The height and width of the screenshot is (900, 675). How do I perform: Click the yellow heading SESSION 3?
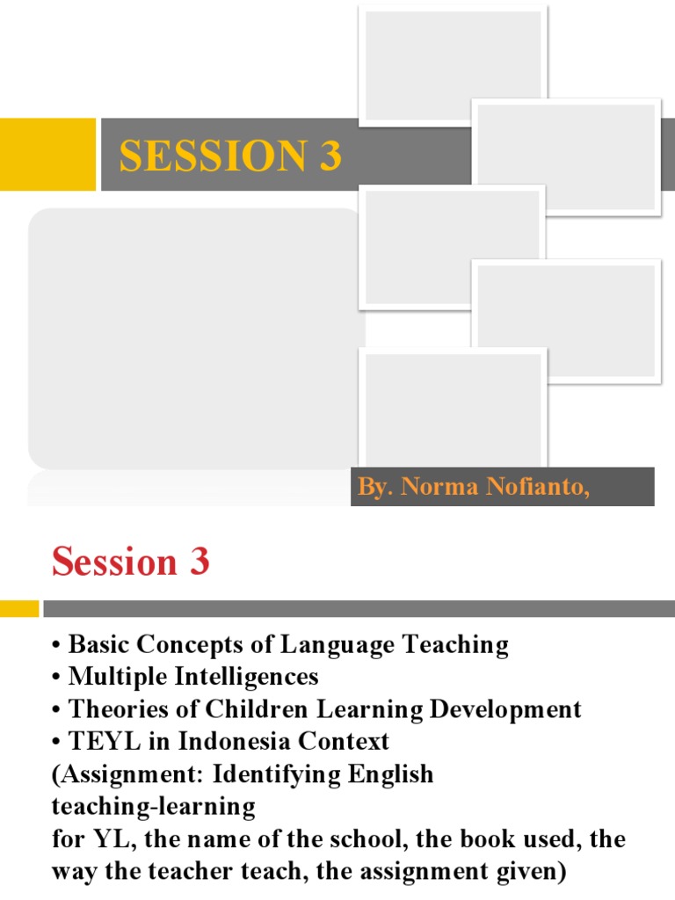pos(230,156)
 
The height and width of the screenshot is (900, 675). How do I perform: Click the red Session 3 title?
pos(130,562)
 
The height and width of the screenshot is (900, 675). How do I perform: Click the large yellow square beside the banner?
pos(47,154)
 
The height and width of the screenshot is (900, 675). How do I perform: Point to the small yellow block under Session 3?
pos(19,608)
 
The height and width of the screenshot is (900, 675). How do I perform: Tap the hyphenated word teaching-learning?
pos(153,805)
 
